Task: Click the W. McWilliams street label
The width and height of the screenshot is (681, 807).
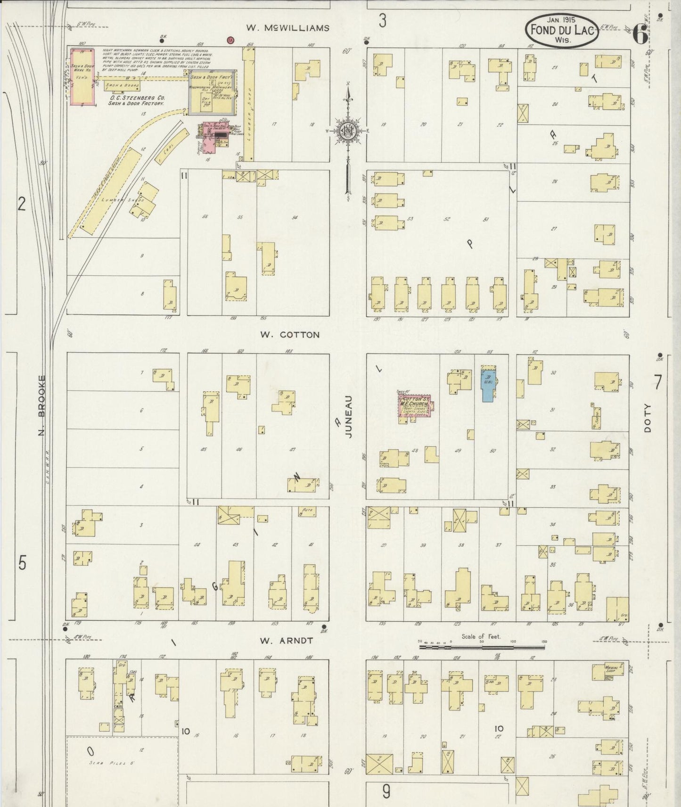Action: [x=287, y=28]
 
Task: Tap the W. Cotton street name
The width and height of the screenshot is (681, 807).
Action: [x=290, y=335]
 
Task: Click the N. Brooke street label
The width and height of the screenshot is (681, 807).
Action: [x=41, y=405]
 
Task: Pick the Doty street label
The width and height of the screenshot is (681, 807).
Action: [x=648, y=418]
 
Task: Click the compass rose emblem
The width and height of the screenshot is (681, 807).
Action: [x=347, y=130]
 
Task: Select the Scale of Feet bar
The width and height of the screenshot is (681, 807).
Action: [x=482, y=648]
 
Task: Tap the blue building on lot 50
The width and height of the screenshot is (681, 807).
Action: [x=487, y=383]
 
